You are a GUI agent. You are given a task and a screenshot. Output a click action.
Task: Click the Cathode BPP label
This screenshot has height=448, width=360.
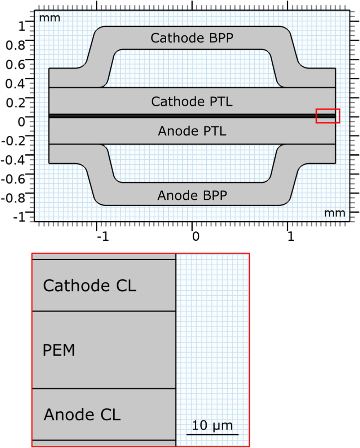click(x=192, y=38)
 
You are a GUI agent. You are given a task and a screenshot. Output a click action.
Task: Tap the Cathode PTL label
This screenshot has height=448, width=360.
click(x=192, y=102)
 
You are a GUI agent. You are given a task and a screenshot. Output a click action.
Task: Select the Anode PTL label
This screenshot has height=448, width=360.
click(x=192, y=131)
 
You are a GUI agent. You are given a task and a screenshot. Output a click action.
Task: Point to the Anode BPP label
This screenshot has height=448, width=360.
click(x=192, y=195)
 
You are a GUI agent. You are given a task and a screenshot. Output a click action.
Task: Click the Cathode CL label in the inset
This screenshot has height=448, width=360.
click(x=89, y=286)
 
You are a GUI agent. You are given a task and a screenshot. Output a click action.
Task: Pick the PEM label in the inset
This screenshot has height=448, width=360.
click(x=59, y=350)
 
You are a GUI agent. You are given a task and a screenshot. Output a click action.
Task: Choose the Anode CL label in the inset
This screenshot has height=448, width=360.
click(x=82, y=415)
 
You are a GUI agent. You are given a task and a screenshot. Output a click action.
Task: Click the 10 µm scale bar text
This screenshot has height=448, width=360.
click(x=212, y=425)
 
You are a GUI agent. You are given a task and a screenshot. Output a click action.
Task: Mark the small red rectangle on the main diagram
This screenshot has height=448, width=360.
click(x=328, y=116)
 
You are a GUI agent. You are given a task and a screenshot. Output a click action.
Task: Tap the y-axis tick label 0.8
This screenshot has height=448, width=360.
click(x=16, y=45)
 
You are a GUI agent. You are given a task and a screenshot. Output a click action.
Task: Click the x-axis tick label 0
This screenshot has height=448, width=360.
click(x=195, y=237)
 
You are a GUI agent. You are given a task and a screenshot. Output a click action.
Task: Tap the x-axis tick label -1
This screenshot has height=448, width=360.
click(x=102, y=237)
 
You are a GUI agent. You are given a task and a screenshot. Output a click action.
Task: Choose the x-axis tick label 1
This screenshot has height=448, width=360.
click(x=290, y=237)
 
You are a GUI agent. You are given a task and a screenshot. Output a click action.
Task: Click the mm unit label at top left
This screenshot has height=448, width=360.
click(x=49, y=18)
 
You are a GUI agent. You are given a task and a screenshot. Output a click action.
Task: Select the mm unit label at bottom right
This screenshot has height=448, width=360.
click(x=334, y=213)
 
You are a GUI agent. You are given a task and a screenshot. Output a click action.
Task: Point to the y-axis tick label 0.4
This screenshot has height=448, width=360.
click(x=16, y=84)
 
